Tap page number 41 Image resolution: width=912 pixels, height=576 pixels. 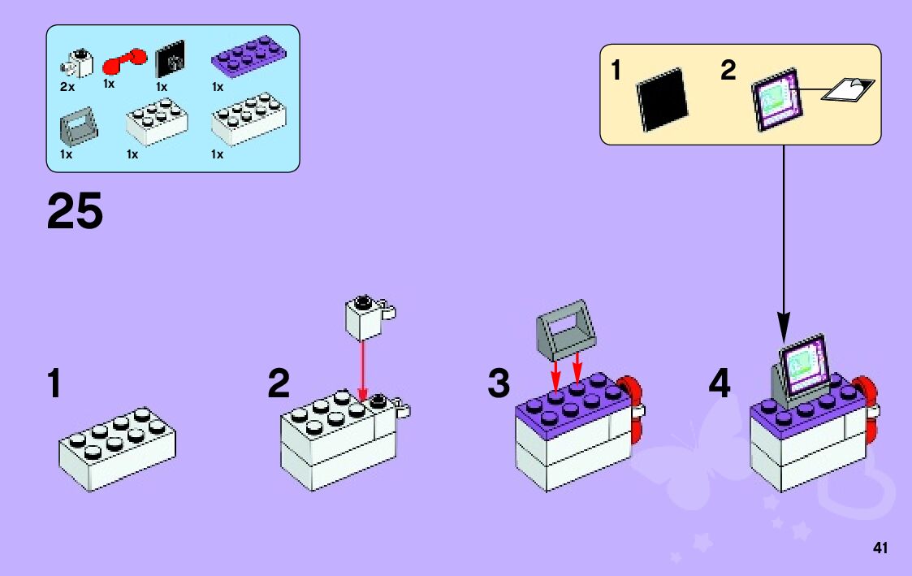click(x=880, y=548)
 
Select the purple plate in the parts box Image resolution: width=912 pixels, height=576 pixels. click(x=249, y=58)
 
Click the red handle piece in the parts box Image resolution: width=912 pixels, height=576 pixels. click(x=124, y=60)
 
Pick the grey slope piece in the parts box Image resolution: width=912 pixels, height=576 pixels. click(x=79, y=126)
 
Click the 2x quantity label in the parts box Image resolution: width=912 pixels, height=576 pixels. click(x=67, y=85)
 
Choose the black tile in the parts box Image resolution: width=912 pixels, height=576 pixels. click(x=170, y=58)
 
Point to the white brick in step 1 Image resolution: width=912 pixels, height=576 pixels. click(x=118, y=448)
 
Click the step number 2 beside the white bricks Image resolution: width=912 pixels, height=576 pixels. click(x=279, y=384)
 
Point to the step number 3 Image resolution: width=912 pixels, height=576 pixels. click(x=499, y=384)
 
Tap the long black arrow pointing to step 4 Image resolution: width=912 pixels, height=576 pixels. click(x=784, y=244)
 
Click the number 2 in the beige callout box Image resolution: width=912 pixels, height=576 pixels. click(x=728, y=71)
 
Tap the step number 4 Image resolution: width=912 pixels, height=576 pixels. click(x=720, y=384)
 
